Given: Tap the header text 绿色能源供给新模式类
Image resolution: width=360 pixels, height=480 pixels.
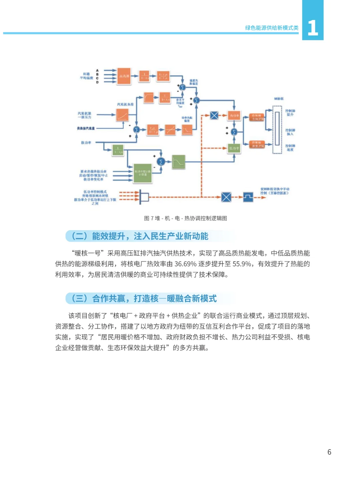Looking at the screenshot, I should (272, 28).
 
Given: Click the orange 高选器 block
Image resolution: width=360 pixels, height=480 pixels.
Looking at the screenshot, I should (124, 76).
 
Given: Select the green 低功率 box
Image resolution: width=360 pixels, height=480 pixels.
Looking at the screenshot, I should (234, 148).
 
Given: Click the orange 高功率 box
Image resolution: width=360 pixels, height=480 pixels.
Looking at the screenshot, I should (234, 116).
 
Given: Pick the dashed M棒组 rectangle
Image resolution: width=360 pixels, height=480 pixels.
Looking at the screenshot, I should (277, 129).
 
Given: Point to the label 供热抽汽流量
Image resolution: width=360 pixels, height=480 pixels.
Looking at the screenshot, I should (86, 128).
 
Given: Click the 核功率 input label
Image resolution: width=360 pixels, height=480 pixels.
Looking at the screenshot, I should (86, 143).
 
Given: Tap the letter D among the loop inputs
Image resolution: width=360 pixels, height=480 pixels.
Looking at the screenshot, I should (97, 82).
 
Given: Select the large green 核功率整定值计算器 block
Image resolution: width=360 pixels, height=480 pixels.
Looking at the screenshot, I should (143, 173).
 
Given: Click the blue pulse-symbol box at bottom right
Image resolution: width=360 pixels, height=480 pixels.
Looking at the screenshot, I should (248, 197).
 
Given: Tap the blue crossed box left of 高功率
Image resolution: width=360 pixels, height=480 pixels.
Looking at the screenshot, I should (214, 115).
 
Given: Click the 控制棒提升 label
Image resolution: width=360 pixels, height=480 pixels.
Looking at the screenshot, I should (290, 112).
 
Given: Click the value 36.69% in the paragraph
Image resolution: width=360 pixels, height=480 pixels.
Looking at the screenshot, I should (185, 264).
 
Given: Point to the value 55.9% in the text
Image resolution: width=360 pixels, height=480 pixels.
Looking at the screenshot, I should (242, 264).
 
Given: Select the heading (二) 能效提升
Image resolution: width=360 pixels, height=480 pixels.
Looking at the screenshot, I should (140, 236).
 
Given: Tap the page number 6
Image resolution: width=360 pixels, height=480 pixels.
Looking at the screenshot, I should (329, 452).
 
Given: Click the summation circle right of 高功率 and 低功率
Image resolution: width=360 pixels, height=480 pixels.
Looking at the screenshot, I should (234, 132).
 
